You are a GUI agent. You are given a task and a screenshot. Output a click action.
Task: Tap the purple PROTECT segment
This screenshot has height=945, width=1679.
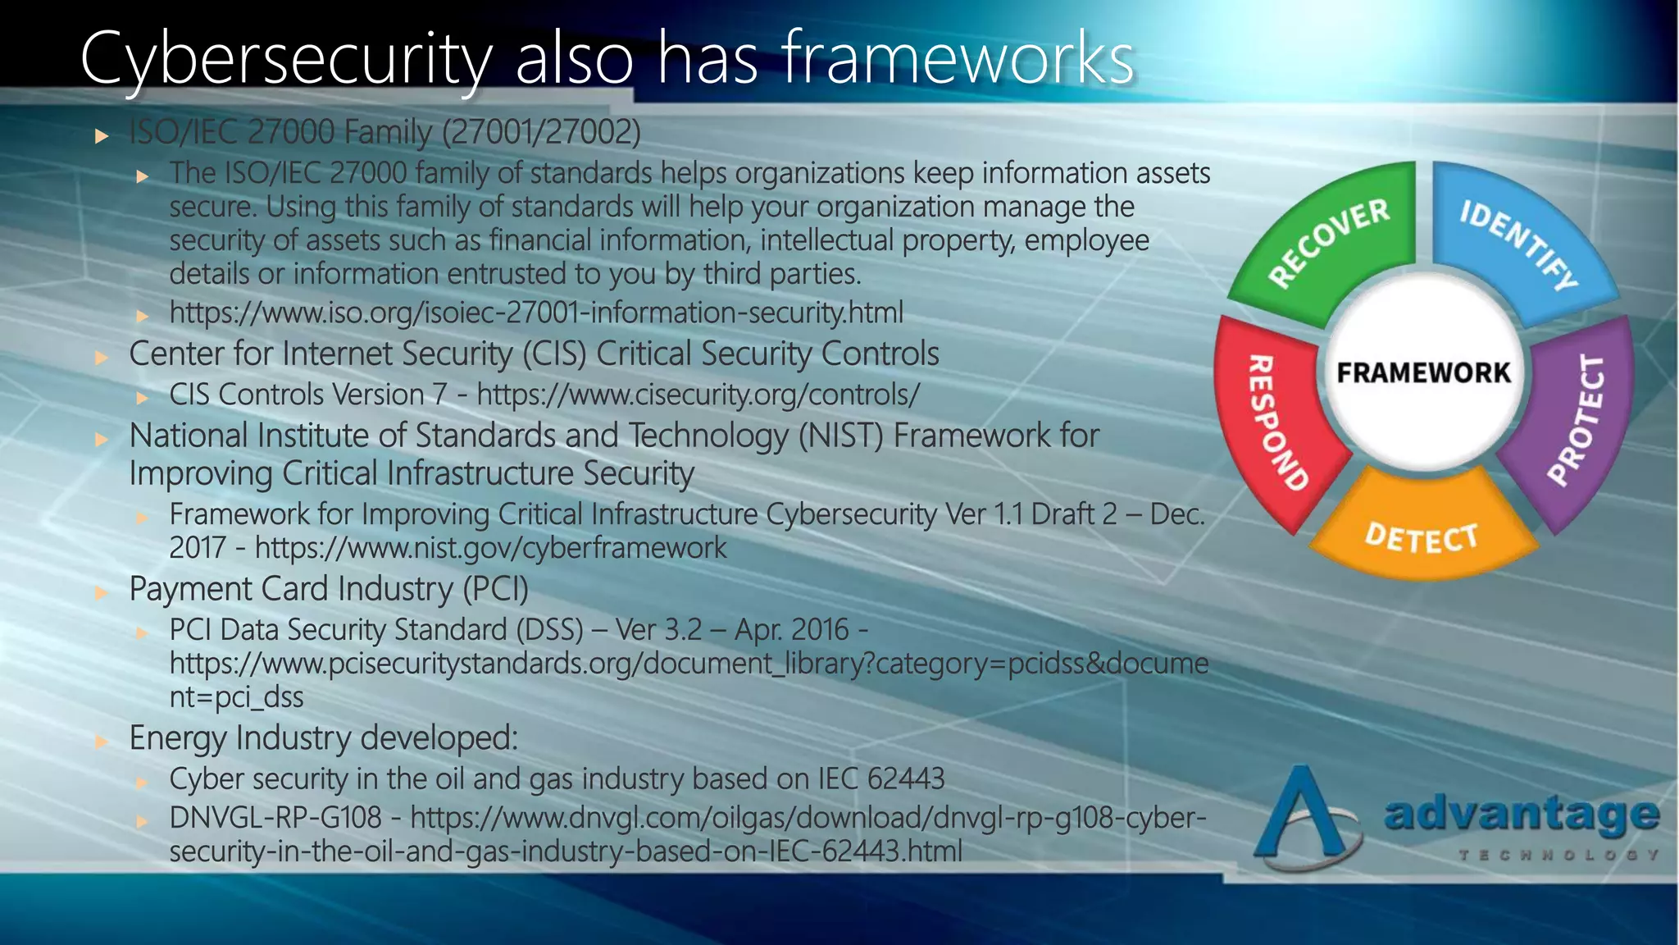[x=1578, y=418]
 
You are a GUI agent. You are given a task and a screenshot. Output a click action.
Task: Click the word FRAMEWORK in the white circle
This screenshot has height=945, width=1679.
[x=1423, y=373]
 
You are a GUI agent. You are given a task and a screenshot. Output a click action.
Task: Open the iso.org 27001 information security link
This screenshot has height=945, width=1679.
[x=536, y=313]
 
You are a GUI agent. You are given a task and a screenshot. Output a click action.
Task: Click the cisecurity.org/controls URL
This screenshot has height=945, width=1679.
[x=698, y=395]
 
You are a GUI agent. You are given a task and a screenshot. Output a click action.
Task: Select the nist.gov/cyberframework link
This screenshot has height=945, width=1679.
[x=490, y=548]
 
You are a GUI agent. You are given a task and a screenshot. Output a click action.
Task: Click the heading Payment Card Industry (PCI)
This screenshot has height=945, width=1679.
[x=329, y=589]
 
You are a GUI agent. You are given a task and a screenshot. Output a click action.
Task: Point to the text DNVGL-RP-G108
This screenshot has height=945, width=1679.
[x=275, y=818]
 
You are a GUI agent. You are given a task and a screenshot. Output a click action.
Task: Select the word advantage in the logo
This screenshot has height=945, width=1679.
[x=1522, y=815]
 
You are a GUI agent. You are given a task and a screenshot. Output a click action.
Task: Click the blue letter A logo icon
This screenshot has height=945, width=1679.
[x=1304, y=816]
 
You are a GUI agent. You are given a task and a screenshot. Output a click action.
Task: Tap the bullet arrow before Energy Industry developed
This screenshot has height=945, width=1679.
[x=102, y=741]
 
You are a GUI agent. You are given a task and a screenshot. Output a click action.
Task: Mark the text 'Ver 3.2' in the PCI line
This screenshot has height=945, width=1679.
[x=658, y=630]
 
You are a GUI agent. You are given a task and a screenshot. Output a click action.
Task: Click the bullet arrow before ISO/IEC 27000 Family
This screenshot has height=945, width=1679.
[x=102, y=135]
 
